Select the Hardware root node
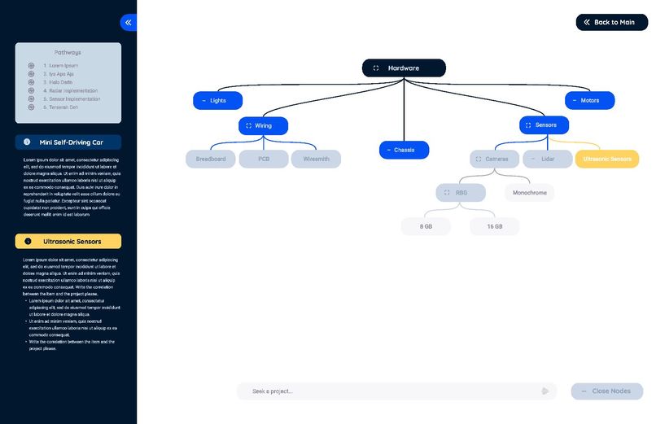[x=404, y=68]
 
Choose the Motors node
[x=589, y=101]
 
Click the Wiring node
[x=263, y=126]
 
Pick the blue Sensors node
[x=544, y=125]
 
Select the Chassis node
[x=404, y=150]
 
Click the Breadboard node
[x=211, y=159]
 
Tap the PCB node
[x=264, y=159]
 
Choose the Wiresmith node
[x=316, y=159]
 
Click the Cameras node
[x=494, y=159]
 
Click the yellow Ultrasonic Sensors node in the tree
[x=606, y=159]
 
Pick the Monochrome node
[x=530, y=193]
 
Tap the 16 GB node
[x=495, y=226]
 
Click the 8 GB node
[x=426, y=226]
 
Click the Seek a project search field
[x=391, y=391]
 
